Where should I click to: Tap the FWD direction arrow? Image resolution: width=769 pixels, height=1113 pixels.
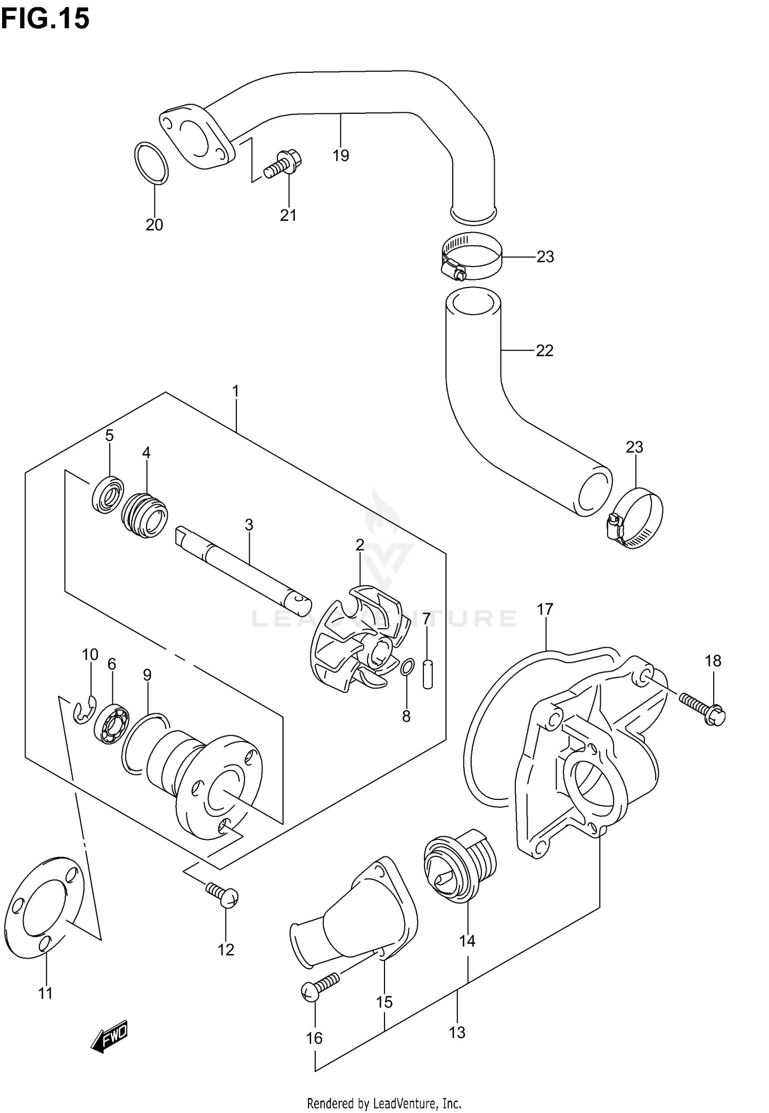point(109,1037)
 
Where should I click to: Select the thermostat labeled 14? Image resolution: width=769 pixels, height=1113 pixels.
point(460,869)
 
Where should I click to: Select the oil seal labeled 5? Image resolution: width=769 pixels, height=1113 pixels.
point(108,494)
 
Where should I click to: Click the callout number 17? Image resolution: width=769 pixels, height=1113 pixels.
point(545,609)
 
